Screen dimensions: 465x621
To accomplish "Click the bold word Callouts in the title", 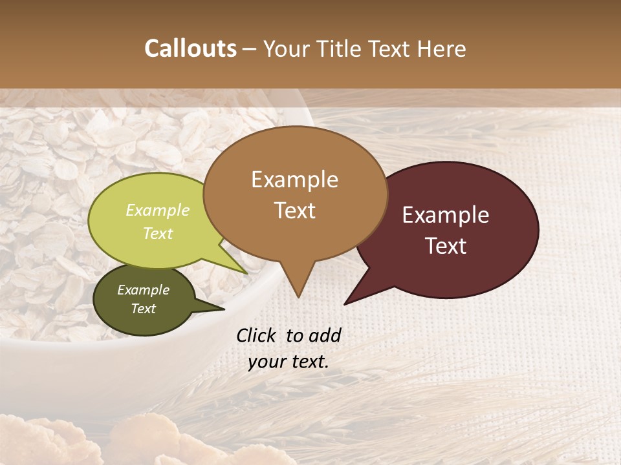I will click(190, 48).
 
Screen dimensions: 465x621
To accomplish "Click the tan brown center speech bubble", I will click(295, 194).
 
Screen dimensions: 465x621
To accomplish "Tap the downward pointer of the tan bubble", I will click(298, 284).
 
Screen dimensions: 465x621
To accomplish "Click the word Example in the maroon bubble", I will click(446, 215).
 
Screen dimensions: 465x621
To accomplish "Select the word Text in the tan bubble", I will click(295, 211).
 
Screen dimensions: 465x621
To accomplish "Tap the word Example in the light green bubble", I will click(158, 211).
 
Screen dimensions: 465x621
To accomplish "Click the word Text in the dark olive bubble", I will click(144, 309).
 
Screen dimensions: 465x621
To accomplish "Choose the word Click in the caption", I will click(257, 335).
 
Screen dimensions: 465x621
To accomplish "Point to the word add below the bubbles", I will click(324, 335).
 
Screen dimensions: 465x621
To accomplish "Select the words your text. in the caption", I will click(289, 362).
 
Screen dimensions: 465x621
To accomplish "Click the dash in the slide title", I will click(250, 49).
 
